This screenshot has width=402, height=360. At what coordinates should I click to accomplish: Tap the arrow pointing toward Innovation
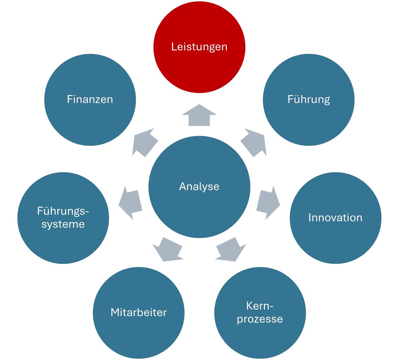[268, 203]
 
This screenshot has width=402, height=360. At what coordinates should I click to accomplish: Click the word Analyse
[199, 187]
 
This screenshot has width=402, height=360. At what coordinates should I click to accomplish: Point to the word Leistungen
[199, 47]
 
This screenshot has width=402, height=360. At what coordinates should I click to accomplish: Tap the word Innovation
[335, 218]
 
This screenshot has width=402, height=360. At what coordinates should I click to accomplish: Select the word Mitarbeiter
[139, 312]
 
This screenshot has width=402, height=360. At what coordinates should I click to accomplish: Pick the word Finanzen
[90, 99]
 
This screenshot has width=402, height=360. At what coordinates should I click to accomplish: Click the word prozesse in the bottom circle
[260, 319]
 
